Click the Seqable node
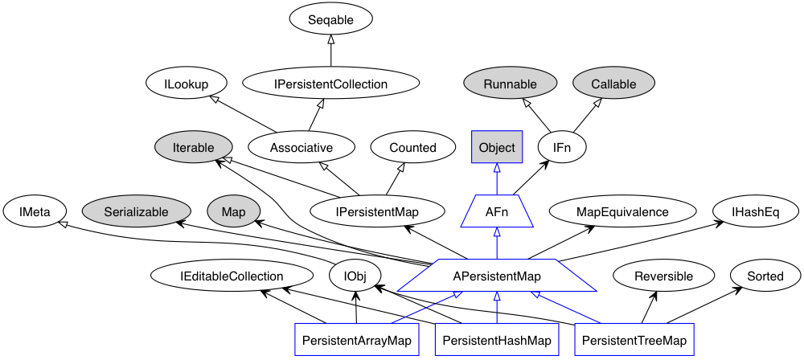[x=331, y=19]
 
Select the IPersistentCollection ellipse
[x=331, y=84]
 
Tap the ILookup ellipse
[x=186, y=84]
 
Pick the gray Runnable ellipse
[x=510, y=84]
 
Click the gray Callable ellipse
[x=613, y=84]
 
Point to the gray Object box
[x=497, y=147]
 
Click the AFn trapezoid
[x=497, y=211]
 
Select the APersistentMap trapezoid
[x=497, y=276]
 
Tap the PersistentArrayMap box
[x=356, y=340]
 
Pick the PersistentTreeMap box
[x=635, y=340]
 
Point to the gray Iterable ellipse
[x=193, y=147]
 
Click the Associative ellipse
[x=301, y=147]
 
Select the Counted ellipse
[x=412, y=147]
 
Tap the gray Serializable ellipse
[x=135, y=211]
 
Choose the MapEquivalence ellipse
[x=622, y=211]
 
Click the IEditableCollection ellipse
[x=232, y=276]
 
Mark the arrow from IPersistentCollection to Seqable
[x=331, y=52]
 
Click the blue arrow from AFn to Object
[x=497, y=178]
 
